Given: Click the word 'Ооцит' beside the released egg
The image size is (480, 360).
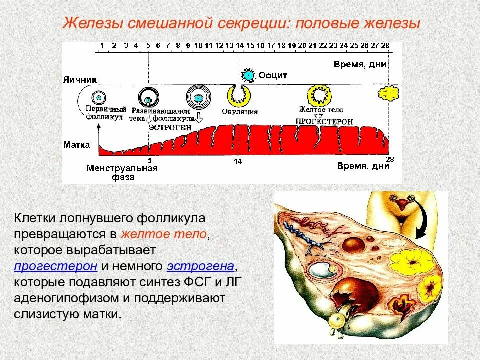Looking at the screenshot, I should (273, 75).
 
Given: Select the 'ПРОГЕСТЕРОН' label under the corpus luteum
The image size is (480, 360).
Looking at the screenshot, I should (324, 121).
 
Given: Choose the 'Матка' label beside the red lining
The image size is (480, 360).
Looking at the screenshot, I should (77, 145).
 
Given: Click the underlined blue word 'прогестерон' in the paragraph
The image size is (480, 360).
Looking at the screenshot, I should (55, 265).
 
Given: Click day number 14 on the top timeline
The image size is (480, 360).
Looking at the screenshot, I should (240, 46).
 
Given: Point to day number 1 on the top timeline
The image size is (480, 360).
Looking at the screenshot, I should (102, 46).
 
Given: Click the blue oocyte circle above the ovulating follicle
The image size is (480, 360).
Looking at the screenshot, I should (248, 75).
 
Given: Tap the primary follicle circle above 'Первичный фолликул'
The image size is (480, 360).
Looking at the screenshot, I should (99, 97).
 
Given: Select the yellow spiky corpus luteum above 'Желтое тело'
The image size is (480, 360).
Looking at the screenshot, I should (318, 94).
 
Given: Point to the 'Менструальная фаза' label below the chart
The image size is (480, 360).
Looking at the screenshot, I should (122, 172).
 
